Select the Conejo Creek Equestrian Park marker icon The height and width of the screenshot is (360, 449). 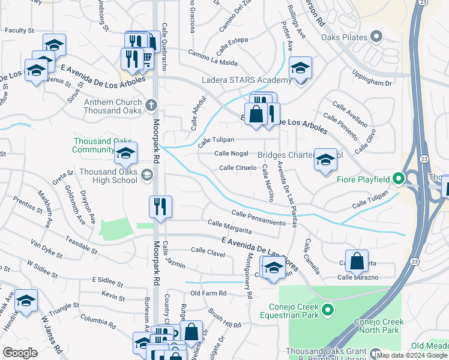pyautogui.click(x=327, y=310)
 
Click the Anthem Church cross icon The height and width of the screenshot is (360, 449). pyautogui.click(x=150, y=106)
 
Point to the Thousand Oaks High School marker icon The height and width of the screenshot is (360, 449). pyautogui.click(x=147, y=175)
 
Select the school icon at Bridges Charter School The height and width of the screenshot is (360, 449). pyautogui.click(x=325, y=160)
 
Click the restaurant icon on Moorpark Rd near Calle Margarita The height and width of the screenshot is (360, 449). pyautogui.click(x=160, y=207)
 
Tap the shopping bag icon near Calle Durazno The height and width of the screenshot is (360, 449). pyautogui.click(x=357, y=261)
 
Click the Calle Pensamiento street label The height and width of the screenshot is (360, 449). pyautogui.click(x=258, y=218)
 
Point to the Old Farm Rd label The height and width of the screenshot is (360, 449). pyautogui.click(x=208, y=293)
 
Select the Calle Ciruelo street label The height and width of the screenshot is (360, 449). pyautogui.click(x=238, y=168)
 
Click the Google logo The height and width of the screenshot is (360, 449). pyautogui.click(x=20, y=353)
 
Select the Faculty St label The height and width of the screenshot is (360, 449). pyautogui.click(x=19, y=30)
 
